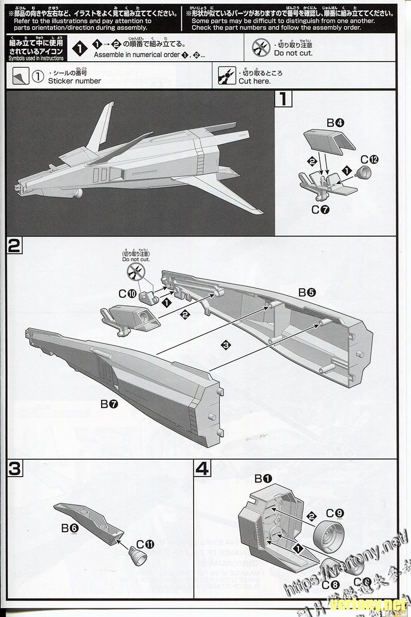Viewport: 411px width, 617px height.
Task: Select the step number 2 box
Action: tap(14, 247)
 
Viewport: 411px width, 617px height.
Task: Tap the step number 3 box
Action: tap(14, 468)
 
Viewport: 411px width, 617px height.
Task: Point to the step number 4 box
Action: tap(203, 468)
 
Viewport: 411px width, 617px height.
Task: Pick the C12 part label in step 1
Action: tap(369, 159)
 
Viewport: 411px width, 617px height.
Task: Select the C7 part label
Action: tap(320, 209)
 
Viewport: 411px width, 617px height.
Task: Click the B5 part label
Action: tap(307, 293)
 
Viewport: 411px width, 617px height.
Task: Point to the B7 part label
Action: tap(109, 404)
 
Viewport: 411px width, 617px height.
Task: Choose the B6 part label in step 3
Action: tap(70, 528)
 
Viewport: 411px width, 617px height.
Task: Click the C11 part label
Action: tap(145, 544)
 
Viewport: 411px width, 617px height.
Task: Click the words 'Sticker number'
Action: tap(74, 81)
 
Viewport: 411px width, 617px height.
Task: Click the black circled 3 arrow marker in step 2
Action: tap(225, 345)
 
